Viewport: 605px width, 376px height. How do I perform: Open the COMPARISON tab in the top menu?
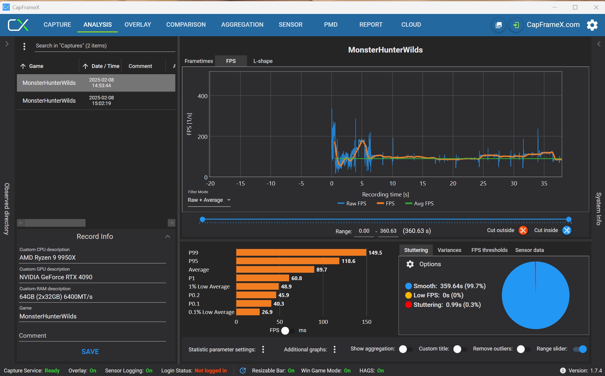coord(186,25)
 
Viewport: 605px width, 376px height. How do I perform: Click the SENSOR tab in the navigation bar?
coord(290,25)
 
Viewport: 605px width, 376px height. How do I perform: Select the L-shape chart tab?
coord(263,61)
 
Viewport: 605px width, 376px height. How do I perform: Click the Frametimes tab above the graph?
coord(199,61)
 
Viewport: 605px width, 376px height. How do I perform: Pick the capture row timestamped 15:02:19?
coord(96,101)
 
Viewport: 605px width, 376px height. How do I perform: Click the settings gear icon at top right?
coord(592,25)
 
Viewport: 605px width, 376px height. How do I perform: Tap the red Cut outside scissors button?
coord(523,230)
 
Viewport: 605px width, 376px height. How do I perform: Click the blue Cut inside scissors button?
coord(567,230)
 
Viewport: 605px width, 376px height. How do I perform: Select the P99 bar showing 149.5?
coord(301,253)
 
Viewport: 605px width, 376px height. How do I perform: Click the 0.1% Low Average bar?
coord(248,312)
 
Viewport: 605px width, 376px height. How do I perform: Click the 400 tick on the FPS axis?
coord(202,96)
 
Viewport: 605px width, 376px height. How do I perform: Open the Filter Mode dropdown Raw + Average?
coord(209,200)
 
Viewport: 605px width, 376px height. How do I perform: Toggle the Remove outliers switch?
coord(523,349)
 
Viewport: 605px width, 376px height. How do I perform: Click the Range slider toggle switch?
coord(580,349)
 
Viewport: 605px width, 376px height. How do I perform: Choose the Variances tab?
coord(449,250)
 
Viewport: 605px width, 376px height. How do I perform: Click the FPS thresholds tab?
coord(489,250)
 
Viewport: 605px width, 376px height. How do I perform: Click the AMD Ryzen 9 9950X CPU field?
coord(92,258)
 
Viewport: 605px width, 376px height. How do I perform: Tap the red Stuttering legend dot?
coord(408,305)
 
